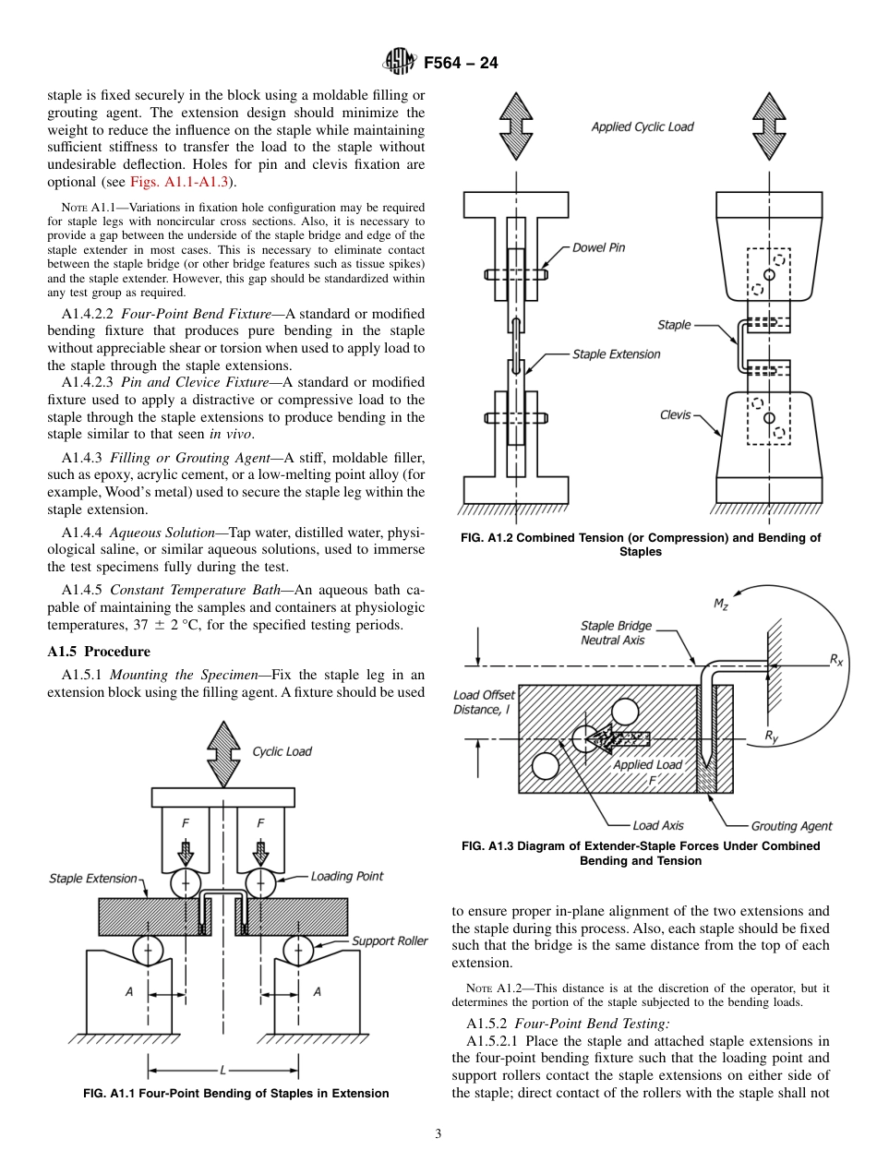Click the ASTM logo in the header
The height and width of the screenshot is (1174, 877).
pyautogui.click(x=401, y=63)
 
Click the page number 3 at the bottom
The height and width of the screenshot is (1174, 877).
pyautogui.click(x=438, y=1133)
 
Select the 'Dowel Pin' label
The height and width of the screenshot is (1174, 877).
pyautogui.click(x=598, y=247)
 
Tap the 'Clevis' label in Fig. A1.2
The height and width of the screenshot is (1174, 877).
pyautogui.click(x=675, y=415)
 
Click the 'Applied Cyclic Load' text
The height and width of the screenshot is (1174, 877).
pyautogui.click(x=642, y=126)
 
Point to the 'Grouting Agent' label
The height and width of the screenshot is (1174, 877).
pyautogui.click(x=791, y=826)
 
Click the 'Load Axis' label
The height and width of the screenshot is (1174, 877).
pyautogui.click(x=657, y=825)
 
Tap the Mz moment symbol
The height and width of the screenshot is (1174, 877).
pyautogui.click(x=721, y=605)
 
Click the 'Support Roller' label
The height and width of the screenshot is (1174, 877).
pyautogui.click(x=390, y=940)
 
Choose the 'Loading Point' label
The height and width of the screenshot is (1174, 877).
pyautogui.click(x=346, y=876)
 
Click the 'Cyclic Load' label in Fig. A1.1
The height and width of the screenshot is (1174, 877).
pyautogui.click(x=282, y=751)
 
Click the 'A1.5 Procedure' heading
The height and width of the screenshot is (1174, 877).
pyautogui.click(x=98, y=651)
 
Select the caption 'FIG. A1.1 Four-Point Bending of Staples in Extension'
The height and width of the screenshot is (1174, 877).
pyautogui.click(x=235, y=1094)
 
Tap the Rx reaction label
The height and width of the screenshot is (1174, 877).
pyautogui.click(x=835, y=660)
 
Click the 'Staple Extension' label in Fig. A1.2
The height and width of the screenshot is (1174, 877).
pyautogui.click(x=616, y=354)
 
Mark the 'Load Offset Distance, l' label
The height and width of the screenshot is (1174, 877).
pyautogui.click(x=484, y=702)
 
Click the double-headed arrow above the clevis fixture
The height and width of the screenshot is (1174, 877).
pyautogui.click(x=768, y=126)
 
